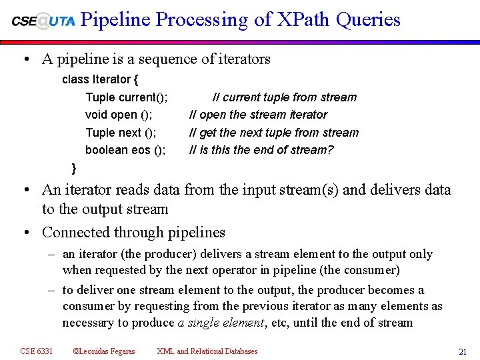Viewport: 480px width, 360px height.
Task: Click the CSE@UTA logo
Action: (x=43, y=20)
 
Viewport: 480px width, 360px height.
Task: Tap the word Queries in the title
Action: (x=369, y=20)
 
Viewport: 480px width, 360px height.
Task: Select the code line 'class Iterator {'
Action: (x=100, y=79)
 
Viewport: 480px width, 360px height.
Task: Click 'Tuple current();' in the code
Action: (x=127, y=97)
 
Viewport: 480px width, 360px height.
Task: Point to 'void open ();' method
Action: (x=119, y=115)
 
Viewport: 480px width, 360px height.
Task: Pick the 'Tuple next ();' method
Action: (x=121, y=133)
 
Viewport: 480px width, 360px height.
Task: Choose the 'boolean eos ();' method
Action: (x=125, y=150)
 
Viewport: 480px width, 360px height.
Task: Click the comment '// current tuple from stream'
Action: (x=284, y=97)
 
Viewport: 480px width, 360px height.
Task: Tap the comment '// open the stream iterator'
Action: (x=259, y=115)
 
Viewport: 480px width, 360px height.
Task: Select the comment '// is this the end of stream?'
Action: (x=261, y=150)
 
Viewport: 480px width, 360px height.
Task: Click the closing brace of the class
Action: (x=74, y=167)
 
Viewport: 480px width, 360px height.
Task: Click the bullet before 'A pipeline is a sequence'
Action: (x=25, y=59)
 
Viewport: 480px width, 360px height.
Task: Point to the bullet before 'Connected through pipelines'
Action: (x=25, y=233)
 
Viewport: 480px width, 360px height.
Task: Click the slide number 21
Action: (x=462, y=351)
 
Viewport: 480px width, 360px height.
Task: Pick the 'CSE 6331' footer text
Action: (x=37, y=351)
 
